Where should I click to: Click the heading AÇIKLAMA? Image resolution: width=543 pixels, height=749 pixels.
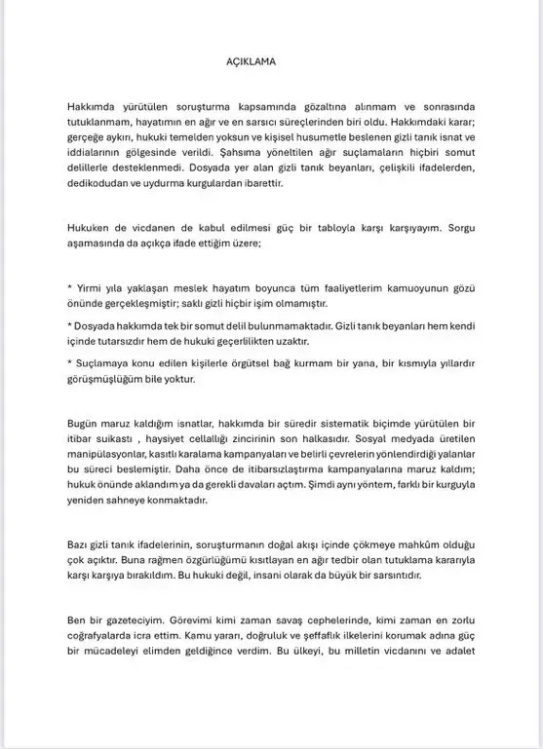point(251,58)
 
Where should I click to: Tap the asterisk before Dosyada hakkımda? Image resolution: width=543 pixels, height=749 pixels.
point(69,323)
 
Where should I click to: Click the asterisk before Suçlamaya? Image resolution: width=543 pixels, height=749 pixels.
point(69,362)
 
